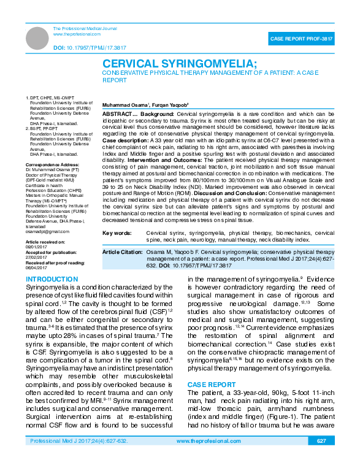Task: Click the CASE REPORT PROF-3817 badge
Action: [302, 39]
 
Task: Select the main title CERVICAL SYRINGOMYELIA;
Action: [180, 64]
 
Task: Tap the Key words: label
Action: [117, 234]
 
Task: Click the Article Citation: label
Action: [123, 252]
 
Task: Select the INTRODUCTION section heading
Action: [52, 280]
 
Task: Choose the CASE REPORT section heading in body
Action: [212, 384]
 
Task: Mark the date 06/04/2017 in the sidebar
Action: [37, 267]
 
